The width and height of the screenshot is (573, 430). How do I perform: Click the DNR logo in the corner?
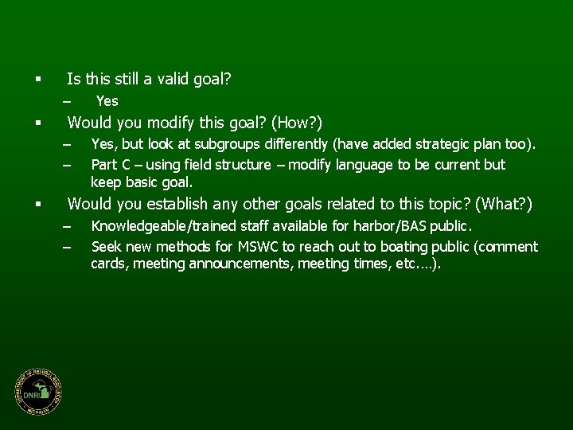point(37,393)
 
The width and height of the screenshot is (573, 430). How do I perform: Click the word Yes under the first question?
point(107,101)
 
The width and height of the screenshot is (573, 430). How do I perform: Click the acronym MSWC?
point(251,247)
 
